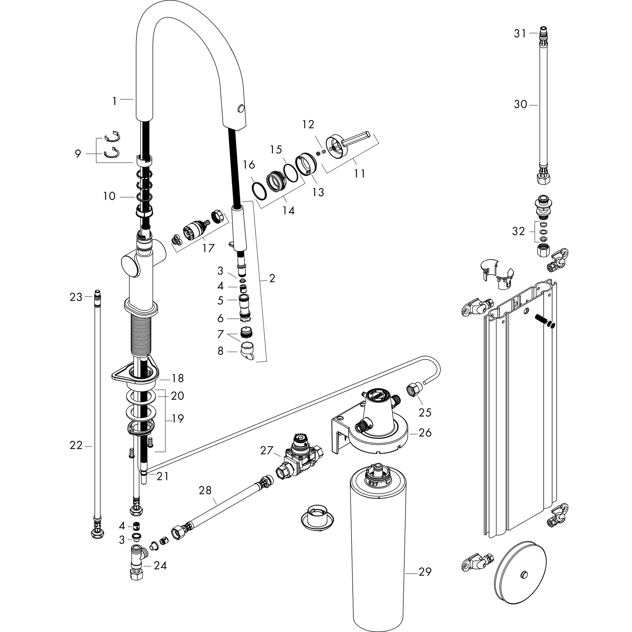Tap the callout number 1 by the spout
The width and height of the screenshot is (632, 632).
tap(114, 102)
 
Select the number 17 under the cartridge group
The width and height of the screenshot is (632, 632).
tap(208, 248)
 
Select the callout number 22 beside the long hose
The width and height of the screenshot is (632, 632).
tap(76, 445)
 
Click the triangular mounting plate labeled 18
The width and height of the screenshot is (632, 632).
tap(135, 374)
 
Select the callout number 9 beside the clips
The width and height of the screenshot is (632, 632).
tap(78, 153)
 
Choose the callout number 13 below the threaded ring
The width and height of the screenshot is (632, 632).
tap(318, 192)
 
